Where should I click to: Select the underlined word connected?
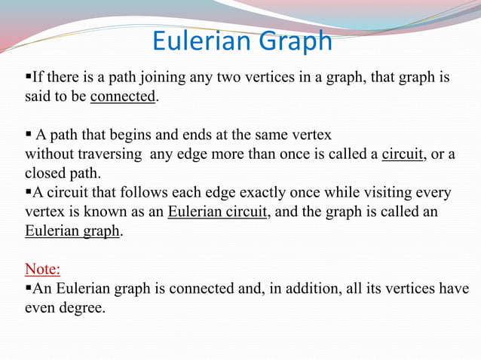[x=123, y=98]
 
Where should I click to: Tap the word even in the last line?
[x=41, y=308]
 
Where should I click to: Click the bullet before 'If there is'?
[x=29, y=78]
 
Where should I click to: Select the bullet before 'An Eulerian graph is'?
[x=29, y=288]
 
